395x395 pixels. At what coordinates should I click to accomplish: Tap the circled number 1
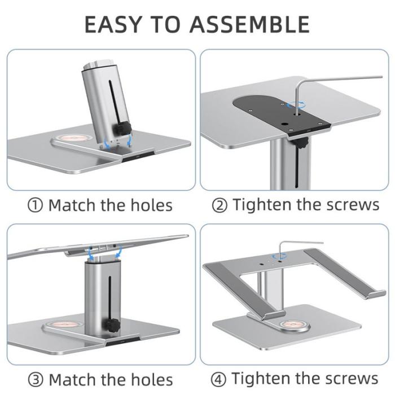pos(35,205)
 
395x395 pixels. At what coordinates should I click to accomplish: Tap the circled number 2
pos(220,205)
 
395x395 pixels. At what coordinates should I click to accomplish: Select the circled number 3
pos(35,379)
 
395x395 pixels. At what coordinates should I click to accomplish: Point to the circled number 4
pos(220,379)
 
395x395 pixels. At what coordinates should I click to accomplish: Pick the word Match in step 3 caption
pos(72,379)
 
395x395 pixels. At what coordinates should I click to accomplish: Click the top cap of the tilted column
pos(93,63)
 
